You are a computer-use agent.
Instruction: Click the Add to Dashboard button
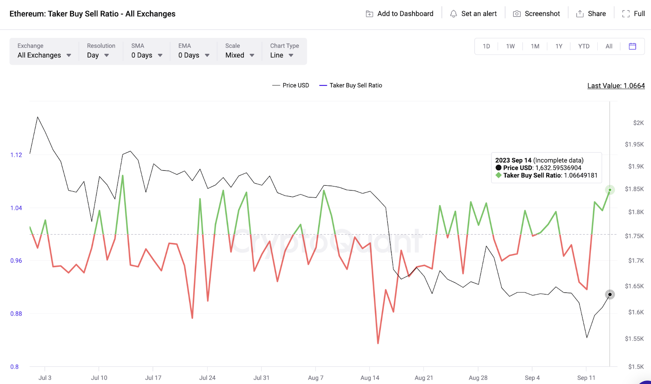point(400,14)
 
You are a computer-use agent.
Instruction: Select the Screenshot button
point(536,14)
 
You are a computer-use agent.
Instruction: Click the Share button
point(591,14)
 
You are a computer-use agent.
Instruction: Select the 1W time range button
point(510,46)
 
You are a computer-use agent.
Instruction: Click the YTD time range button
point(584,46)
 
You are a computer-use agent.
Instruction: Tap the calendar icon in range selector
point(632,46)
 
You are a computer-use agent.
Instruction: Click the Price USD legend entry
point(291,86)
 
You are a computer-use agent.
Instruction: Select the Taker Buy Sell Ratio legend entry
point(351,86)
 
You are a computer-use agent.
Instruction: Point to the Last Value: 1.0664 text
point(616,86)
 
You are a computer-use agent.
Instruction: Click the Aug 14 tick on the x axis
point(369,378)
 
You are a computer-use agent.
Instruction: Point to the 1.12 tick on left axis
point(16,155)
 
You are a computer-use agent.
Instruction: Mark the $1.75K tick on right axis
point(634,236)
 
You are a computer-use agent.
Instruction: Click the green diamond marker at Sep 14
point(609,190)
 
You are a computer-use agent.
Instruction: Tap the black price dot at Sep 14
point(609,294)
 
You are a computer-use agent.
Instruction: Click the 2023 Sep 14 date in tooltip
point(513,160)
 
